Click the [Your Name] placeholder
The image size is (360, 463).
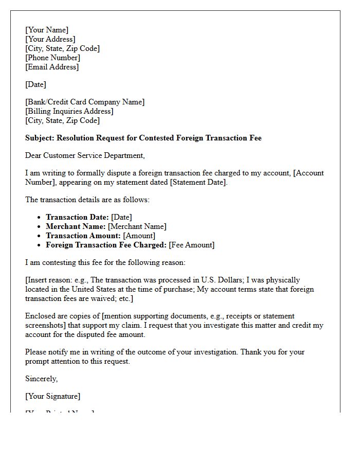coord(47,30)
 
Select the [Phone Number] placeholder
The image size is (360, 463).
coord(52,58)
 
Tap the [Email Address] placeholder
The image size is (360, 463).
coord(52,67)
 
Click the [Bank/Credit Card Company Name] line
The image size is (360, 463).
coord(85,102)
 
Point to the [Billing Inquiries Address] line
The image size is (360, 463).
coord(69,111)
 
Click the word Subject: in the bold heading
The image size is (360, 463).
coord(40,138)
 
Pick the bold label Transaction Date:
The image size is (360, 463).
coord(77,217)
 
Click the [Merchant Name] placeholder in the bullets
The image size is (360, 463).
coord(137,226)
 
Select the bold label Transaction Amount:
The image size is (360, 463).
coord(83,236)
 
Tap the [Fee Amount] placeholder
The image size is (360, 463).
coord(191,245)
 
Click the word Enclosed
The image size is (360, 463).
coord(40,316)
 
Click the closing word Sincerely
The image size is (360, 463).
coord(41,379)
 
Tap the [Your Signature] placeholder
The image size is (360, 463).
coord(52,396)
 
